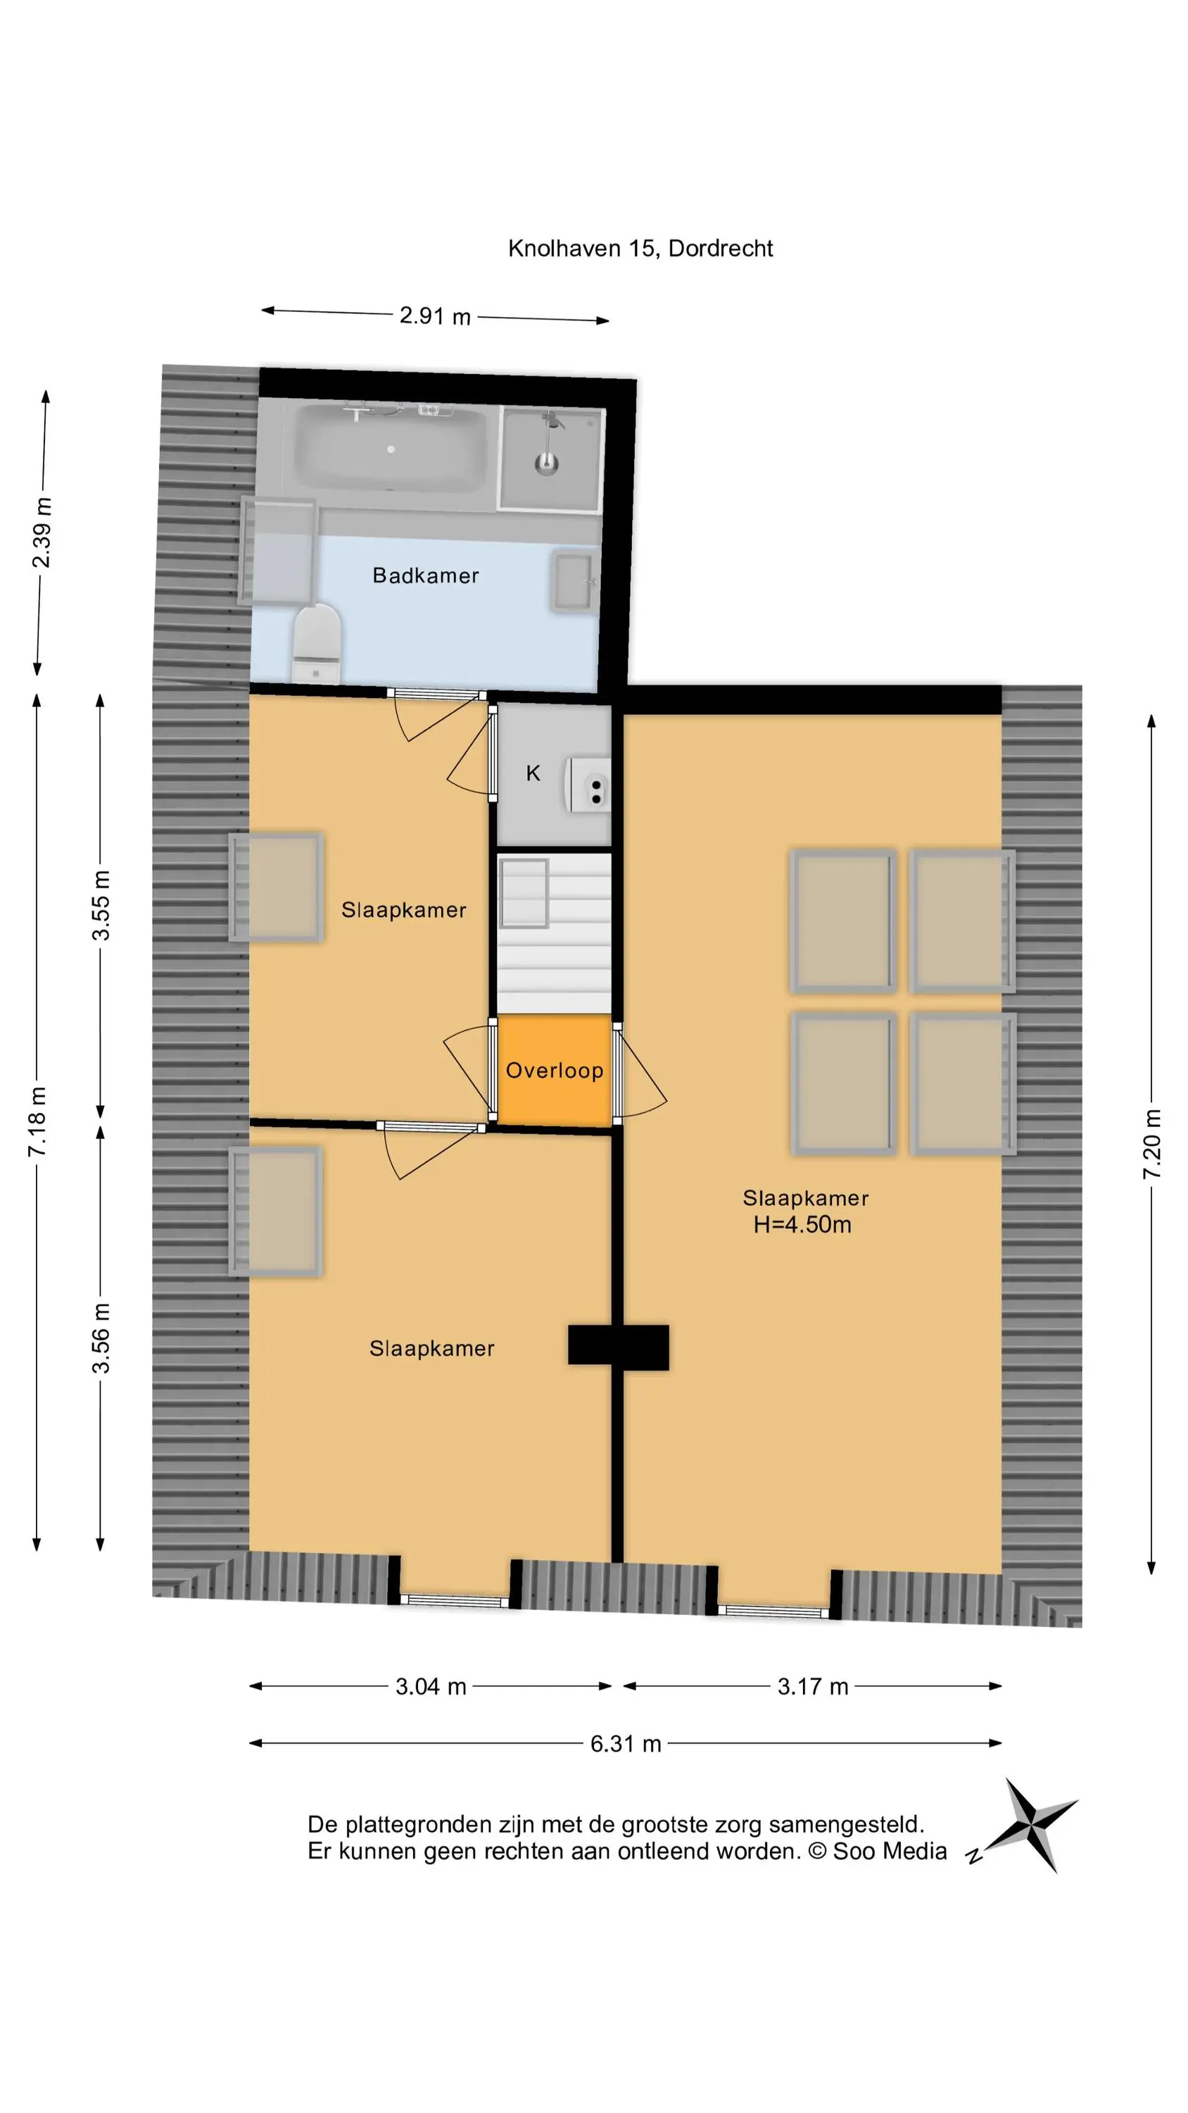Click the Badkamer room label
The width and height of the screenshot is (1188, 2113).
click(x=426, y=576)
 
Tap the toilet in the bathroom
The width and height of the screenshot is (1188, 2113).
click(x=317, y=644)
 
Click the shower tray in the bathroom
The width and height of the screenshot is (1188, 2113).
click(x=551, y=459)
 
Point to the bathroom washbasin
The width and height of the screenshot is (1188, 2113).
click(x=574, y=582)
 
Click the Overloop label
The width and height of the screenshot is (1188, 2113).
click(x=555, y=1071)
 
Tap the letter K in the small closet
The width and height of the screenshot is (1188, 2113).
click(x=533, y=773)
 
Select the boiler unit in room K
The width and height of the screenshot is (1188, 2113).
click(x=588, y=785)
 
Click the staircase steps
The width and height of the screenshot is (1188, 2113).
click(x=555, y=933)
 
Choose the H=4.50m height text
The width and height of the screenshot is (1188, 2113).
click(x=802, y=1225)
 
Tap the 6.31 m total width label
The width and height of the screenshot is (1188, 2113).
click(x=626, y=1744)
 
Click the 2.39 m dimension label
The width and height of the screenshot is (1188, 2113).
click(x=42, y=532)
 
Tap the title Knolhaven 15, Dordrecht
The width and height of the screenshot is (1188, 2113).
click(x=640, y=249)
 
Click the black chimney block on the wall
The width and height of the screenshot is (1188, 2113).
click(x=618, y=1347)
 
